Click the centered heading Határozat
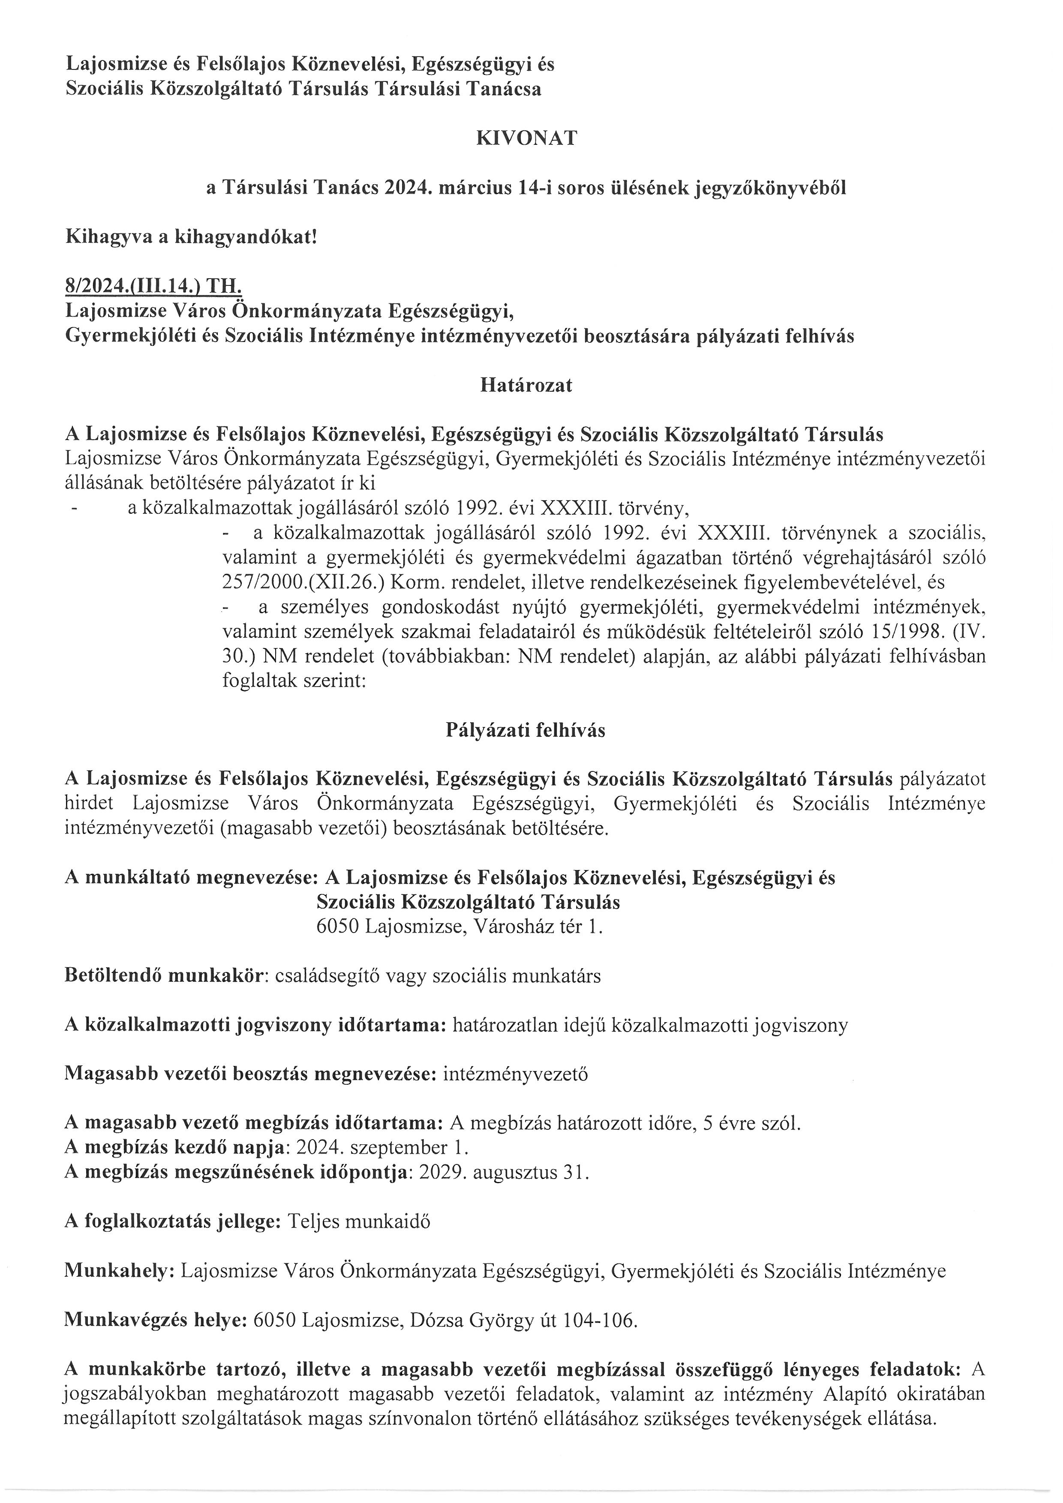[x=526, y=386]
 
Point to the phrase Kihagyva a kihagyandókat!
[x=190, y=237]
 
